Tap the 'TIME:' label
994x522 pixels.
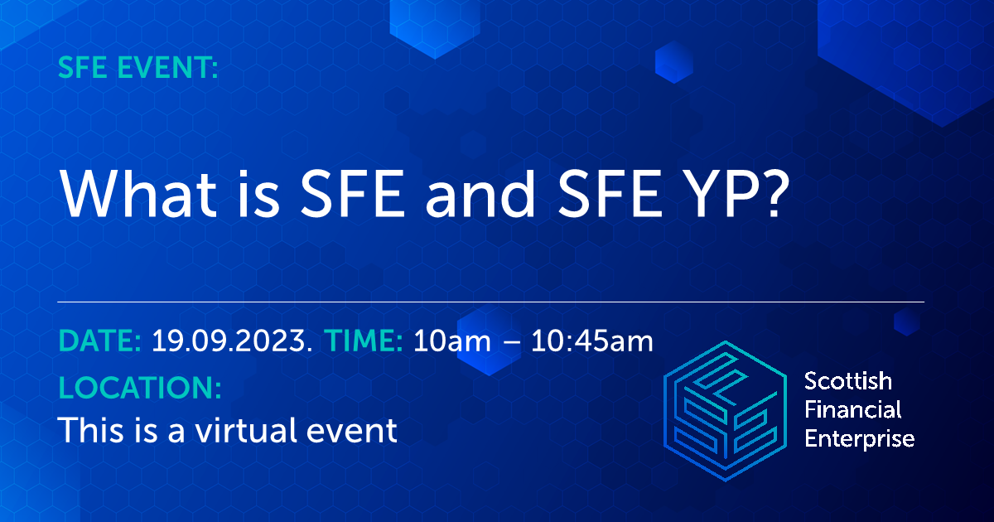coord(364,341)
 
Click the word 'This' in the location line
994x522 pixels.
coord(88,430)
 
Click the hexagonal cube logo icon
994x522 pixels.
coord(725,409)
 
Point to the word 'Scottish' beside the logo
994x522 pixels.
coord(848,381)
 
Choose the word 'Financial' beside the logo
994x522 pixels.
coord(853,409)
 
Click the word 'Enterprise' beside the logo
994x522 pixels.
coord(860,437)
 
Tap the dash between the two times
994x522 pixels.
coord(512,342)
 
